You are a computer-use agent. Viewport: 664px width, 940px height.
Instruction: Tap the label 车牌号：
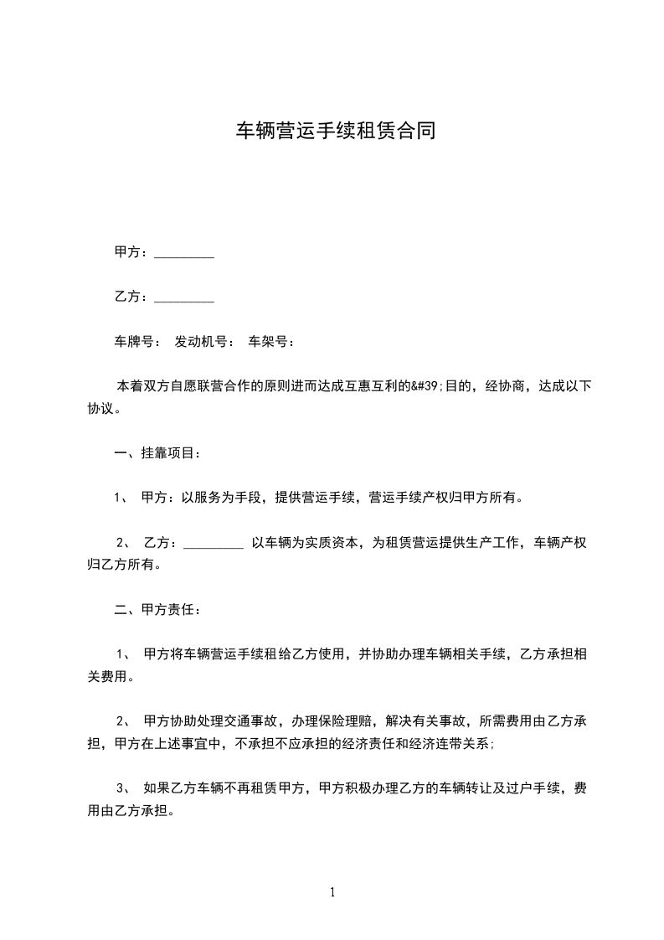tap(138, 342)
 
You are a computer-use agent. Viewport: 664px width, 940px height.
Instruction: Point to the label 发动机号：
tap(205, 342)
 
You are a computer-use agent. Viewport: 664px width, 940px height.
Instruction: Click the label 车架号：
tap(272, 342)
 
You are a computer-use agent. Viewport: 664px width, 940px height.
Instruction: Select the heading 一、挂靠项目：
tap(157, 453)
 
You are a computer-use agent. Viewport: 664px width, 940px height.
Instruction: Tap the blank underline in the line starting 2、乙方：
tap(213, 543)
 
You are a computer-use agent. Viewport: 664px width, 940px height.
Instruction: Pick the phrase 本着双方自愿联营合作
tap(185, 386)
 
